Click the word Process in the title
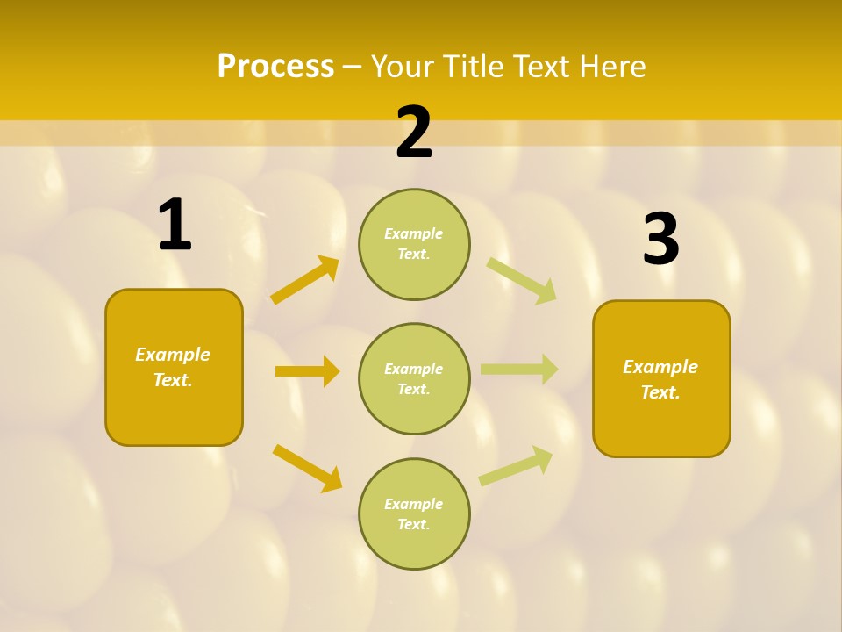(x=275, y=67)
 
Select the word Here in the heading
(x=610, y=67)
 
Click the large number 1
(x=175, y=226)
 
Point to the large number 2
(x=414, y=133)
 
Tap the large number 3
(x=660, y=240)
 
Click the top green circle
(x=414, y=244)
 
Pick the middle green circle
(x=414, y=379)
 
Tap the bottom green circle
(x=414, y=514)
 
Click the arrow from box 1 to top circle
(x=304, y=279)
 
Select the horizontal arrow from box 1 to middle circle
(x=307, y=371)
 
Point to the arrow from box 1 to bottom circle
(x=307, y=468)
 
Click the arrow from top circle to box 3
(x=522, y=280)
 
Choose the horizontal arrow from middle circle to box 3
(x=519, y=369)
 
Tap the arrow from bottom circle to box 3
(x=517, y=465)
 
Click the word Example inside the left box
(x=173, y=355)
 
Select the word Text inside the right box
(x=659, y=392)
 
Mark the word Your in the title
(x=401, y=67)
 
